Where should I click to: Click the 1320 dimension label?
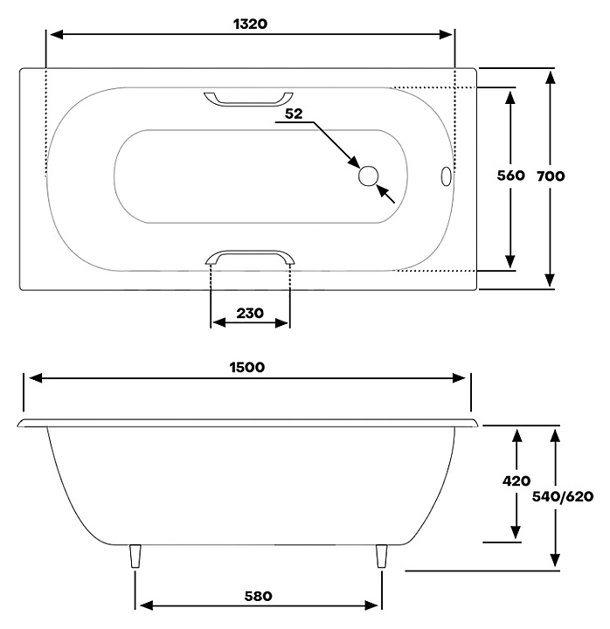250,24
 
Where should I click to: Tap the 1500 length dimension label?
246,368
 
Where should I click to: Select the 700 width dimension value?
551,176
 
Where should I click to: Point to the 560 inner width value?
510,176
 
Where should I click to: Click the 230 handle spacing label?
250,313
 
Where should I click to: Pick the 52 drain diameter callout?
294,114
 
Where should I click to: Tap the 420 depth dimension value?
516,480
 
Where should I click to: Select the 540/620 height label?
563,496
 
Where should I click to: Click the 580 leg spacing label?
258,596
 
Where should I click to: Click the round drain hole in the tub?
368,176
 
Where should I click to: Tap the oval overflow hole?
446,176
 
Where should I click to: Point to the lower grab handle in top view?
249,252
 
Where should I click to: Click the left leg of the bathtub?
135,556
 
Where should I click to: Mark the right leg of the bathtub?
381,556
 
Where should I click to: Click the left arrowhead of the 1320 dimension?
57,34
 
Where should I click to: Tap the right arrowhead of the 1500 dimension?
459,378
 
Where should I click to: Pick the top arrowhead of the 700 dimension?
551,77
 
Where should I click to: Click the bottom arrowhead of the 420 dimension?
516,532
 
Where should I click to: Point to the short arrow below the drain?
385,194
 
